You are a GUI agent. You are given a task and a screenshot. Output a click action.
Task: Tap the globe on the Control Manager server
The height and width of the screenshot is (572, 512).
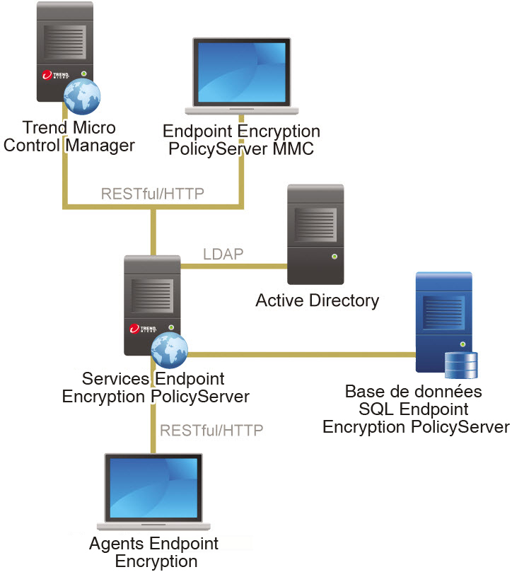coord(80,98)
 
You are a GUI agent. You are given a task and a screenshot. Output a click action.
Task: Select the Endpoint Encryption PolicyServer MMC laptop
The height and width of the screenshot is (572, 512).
coord(240,75)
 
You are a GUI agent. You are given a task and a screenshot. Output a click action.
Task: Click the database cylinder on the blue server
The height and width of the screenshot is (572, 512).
coord(461,366)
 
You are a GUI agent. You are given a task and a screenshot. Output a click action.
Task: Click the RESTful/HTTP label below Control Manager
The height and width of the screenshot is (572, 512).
coord(153,194)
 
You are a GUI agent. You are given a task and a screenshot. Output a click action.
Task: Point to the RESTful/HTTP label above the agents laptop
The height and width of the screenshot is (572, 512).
coord(211,430)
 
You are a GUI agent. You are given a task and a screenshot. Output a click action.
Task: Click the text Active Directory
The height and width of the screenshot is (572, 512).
coord(317,300)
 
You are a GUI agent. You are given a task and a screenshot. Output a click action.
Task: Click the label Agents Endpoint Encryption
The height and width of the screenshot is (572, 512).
coord(154,552)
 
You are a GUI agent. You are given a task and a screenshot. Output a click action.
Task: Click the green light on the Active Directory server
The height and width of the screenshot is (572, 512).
coord(334,256)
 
